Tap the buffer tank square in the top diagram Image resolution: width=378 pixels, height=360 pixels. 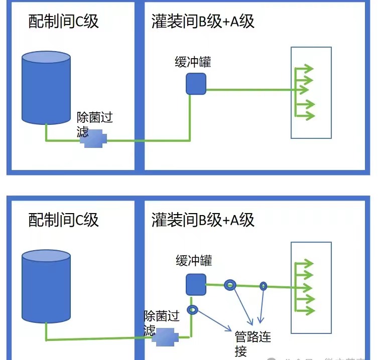tap(196, 84)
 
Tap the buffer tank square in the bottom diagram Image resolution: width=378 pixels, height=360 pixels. tap(196, 284)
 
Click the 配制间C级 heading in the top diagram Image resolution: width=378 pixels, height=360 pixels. tap(63, 22)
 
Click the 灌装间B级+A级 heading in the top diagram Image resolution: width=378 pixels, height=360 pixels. tap(203, 22)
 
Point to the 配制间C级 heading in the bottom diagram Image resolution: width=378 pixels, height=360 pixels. tap(63, 220)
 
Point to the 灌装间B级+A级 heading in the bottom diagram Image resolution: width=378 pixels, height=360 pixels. tap(203, 220)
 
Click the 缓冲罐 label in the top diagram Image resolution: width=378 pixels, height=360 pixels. tap(192, 62)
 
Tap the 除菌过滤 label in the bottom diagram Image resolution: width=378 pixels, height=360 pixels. tap(162, 322)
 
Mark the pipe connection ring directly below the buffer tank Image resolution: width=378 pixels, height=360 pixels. tap(192, 310)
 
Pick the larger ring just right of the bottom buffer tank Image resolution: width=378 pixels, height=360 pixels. tap(229, 285)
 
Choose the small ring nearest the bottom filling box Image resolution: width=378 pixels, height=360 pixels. tap(263, 286)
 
